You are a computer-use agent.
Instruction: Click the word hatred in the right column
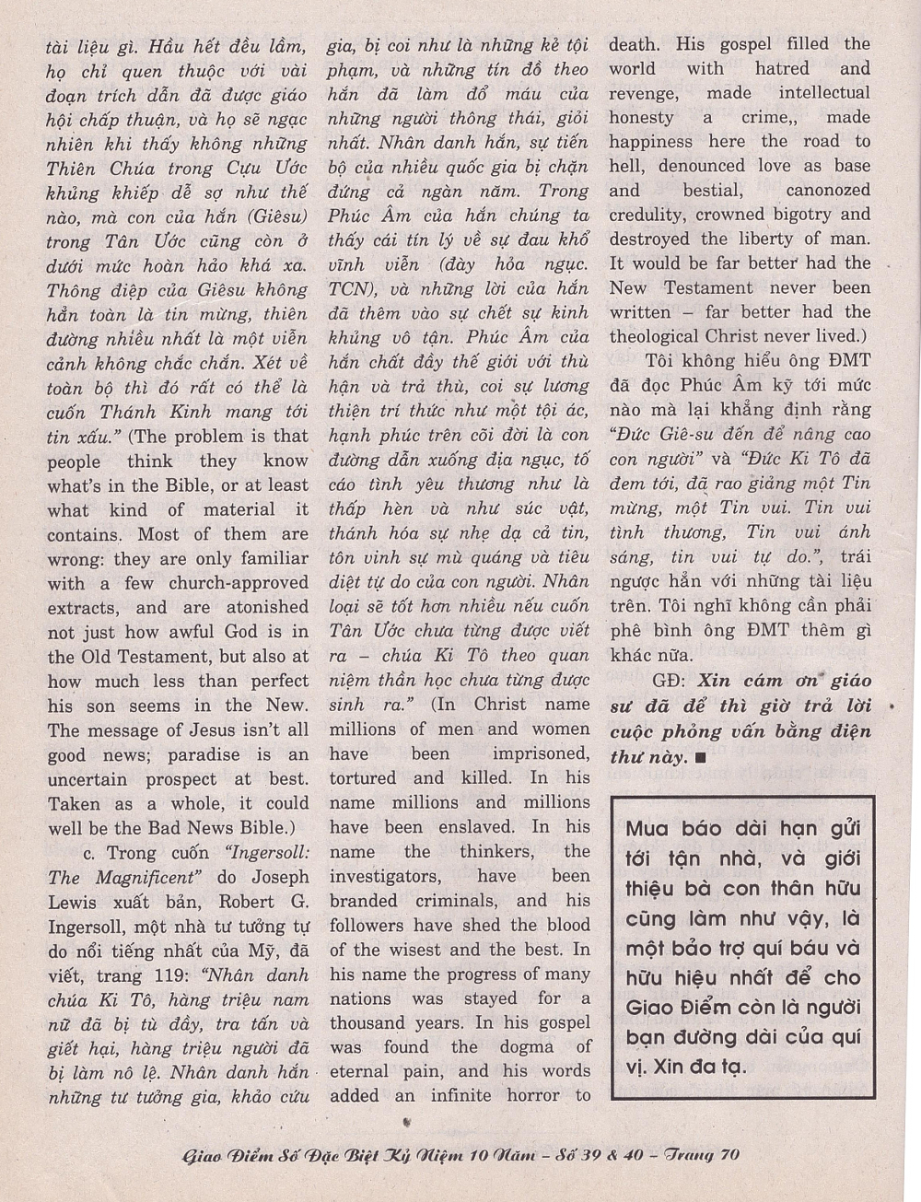tap(782, 68)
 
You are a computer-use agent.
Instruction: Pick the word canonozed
tap(827, 191)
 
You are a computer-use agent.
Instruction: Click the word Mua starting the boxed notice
tap(650, 827)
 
